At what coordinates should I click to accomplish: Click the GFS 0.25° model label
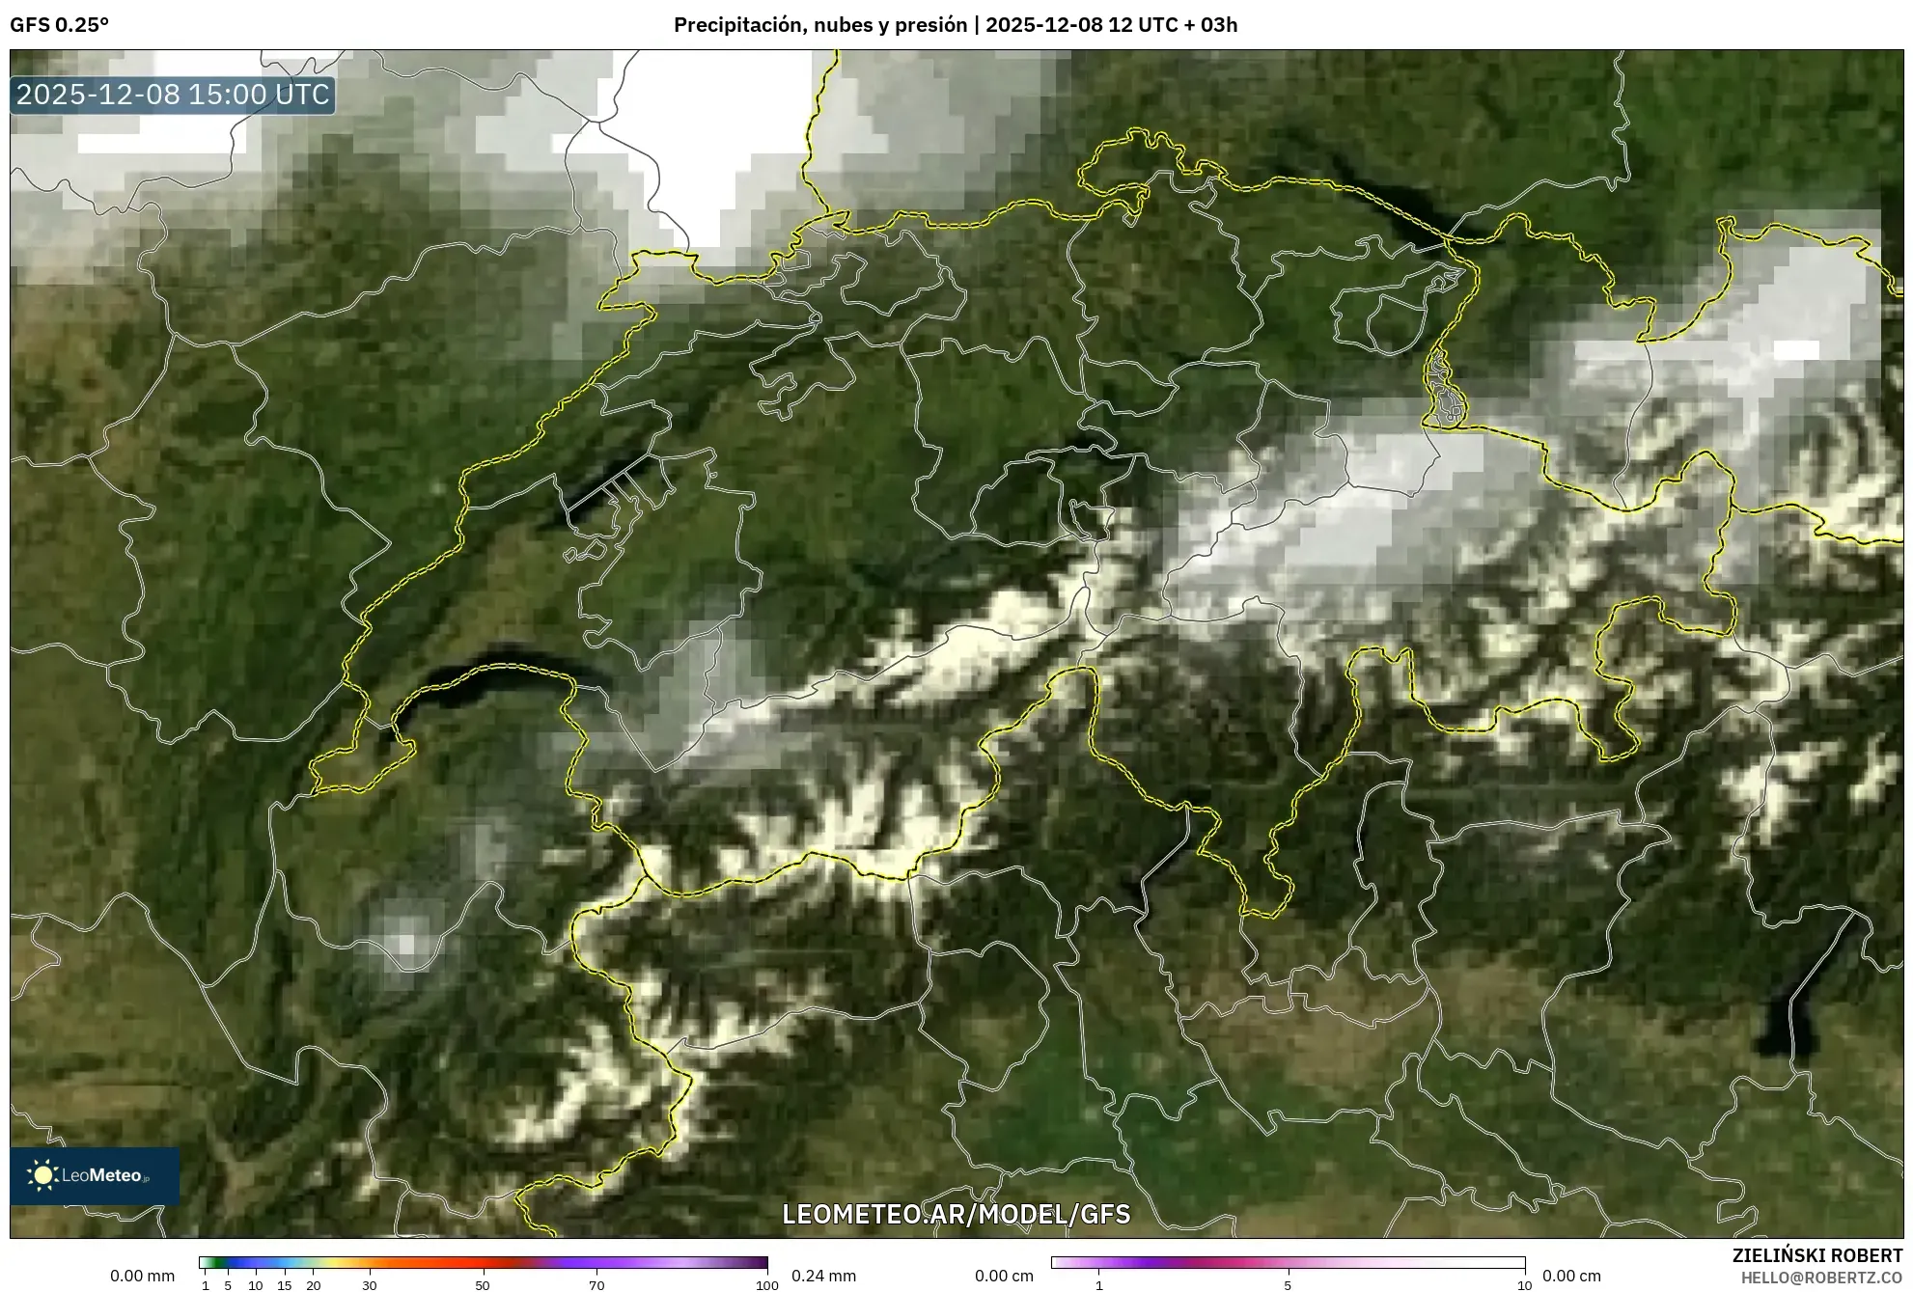click(x=59, y=25)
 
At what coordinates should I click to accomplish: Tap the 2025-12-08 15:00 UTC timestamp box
click(x=173, y=95)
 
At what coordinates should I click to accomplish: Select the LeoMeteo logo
click(x=94, y=1175)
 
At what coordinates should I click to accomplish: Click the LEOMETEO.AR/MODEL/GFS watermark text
click(x=956, y=1214)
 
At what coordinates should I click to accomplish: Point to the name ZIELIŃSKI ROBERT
click(x=1817, y=1255)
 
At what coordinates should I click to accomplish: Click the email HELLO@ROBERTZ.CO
click(x=1821, y=1278)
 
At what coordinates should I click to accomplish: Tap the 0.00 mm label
click(x=143, y=1276)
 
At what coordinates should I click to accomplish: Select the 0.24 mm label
click(x=823, y=1276)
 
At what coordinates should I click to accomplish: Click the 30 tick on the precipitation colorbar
click(x=369, y=1285)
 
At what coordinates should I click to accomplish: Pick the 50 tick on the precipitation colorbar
click(x=483, y=1285)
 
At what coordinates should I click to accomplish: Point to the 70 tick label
click(x=596, y=1285)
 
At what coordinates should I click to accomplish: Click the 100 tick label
click(x=766, y=1285)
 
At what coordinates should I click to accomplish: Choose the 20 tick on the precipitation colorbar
click(x=313, y=1285)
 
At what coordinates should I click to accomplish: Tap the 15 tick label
click(x=284, y=1285)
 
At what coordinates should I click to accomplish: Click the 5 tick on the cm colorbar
click(x=1288, y=1285)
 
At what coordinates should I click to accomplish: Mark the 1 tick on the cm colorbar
click(x=1098, y=1285)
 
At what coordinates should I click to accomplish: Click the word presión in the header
click(x=934, y=25)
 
